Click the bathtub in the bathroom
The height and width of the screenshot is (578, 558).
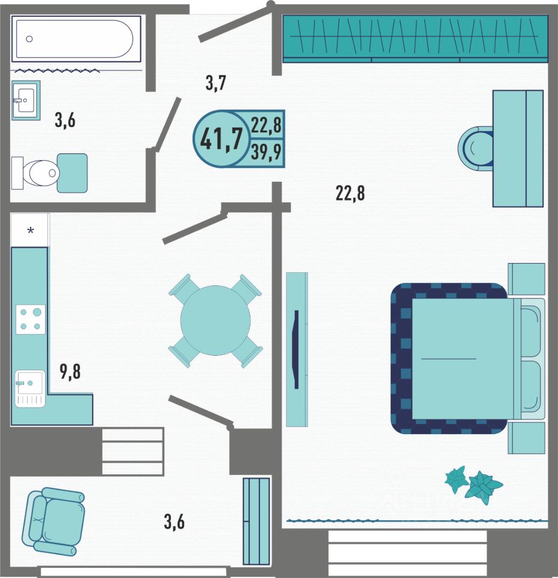coord(76,39)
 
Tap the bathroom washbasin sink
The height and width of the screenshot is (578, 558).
coord(26,101)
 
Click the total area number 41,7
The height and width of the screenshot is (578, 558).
coord(222,139)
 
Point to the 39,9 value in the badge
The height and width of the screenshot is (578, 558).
coord(266,152)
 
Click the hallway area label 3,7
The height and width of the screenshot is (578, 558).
coord(215,83)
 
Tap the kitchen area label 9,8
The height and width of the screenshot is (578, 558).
coord(70,371)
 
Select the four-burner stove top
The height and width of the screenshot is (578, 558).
coord(31,319)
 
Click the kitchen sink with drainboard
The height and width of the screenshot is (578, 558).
coord(30,388)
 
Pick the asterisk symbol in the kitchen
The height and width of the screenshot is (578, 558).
coord(31,231)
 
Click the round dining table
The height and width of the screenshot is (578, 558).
coord(215,320)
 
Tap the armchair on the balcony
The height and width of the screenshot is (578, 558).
coord(53,521)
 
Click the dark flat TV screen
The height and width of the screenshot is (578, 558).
coord(296,349)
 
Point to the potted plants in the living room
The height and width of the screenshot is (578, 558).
coord(473,485)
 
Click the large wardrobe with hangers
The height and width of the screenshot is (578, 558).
coord(415,39)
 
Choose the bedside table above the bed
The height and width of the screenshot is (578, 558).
coord(526,279)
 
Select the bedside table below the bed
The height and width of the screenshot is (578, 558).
coord(526,438)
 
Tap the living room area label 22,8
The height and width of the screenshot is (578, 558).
coord(350,193)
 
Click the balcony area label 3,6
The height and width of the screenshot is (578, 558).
coord(174,521)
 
